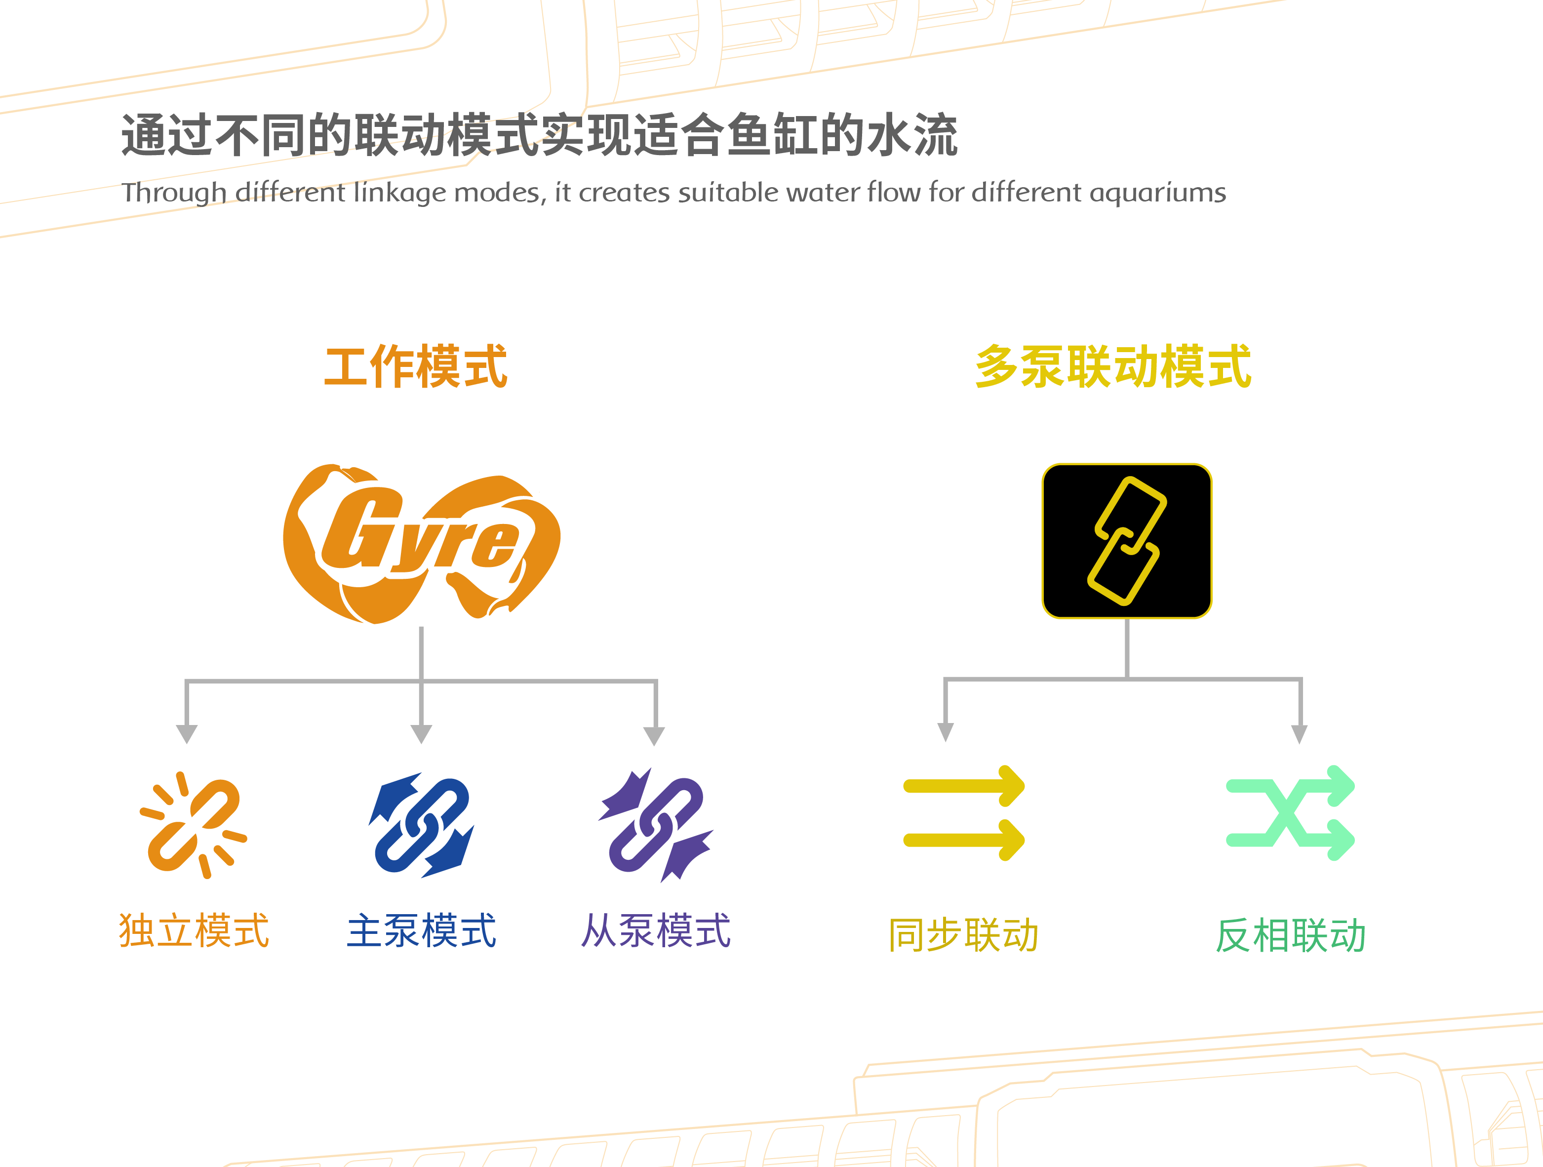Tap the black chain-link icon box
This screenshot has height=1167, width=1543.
(x=1127, y=541)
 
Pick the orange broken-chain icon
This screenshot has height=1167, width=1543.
(x=193, y=824)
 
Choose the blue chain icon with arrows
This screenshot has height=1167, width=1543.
(x=421, y=824)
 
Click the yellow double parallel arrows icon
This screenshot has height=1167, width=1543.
(x=964, y=813)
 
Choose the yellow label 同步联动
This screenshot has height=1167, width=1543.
(x=964, y=935)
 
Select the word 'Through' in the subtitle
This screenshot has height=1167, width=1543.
(x=174, y=193)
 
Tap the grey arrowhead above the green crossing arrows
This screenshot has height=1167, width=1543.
(x=1299, y=733)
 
